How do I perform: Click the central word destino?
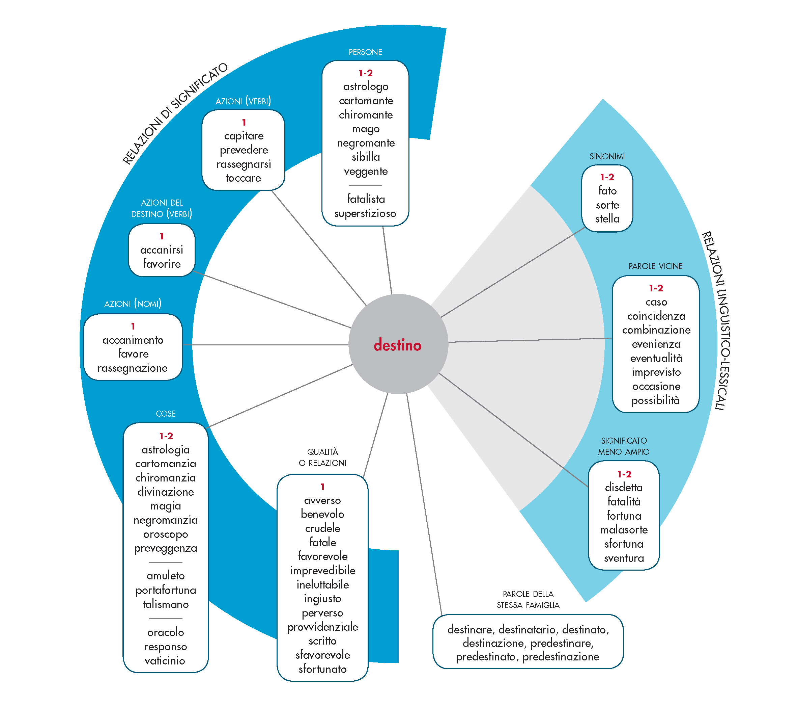coord(397,345)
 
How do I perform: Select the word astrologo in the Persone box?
coord(365,87)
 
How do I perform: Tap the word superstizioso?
coord(365,213)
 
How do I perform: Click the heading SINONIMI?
coord(607,157)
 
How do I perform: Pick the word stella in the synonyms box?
coord(607,218)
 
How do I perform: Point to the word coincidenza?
coord(656,316)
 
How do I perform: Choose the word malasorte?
coord(624,530)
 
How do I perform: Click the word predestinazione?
coord(560,657)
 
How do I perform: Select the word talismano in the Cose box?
coord(166,604)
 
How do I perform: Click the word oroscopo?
coord(166,534)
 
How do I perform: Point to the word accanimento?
coord(133,340)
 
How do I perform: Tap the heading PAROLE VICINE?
coord(655,266)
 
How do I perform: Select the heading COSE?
coord(166,414)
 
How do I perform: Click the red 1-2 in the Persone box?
coord(365,73)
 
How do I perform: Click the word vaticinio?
coord(165,661)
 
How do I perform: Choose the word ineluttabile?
coord(322,585)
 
